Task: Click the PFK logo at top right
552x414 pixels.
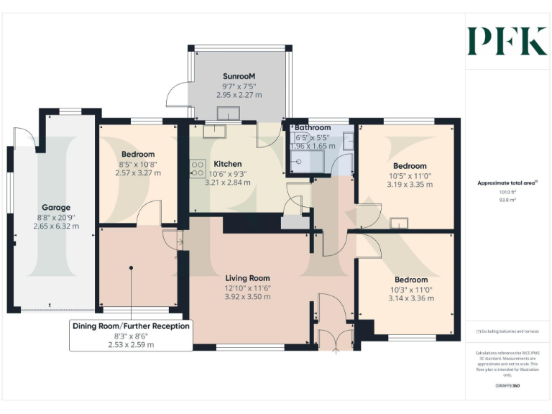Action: [x=507, y=41]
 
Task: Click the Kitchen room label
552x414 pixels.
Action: [x=228, y=164]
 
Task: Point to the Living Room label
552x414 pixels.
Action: [x=247, y=278]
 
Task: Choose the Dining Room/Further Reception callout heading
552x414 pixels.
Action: [x=132, y=326]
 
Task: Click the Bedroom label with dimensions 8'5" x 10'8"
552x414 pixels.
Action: [x=138, y=154]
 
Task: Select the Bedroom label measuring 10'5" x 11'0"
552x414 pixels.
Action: [x=409, y=165]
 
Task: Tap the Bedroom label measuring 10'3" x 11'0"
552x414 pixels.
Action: [x=410, y=280]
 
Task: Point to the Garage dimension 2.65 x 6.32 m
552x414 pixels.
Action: [x=55, y=226]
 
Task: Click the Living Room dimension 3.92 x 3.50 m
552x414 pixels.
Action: [x=247, y=297]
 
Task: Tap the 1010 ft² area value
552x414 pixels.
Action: [x=507, y=193]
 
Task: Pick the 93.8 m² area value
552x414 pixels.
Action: [x=507, y=201]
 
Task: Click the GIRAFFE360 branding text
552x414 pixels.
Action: [x=507, y=386]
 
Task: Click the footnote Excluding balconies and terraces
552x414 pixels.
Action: [x=507, y=331]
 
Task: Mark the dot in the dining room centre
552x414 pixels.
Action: [x=132, y=267]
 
